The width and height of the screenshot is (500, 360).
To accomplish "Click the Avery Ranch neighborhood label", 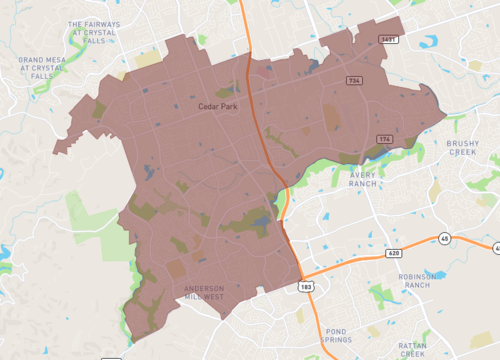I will click(x=370, y=179).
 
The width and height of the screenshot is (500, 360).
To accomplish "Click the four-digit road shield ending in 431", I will click(x=387, y=38).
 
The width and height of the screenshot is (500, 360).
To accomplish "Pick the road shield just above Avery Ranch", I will click(x=383, y=139).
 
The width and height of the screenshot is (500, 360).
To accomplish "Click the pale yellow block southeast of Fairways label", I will click(x=148, y=59).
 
